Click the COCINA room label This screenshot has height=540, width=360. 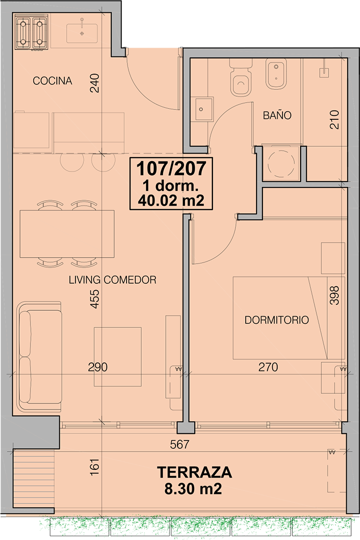[x=52, y=81]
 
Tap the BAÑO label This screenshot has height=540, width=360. [x=277, y=115]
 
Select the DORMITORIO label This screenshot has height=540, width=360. [x=277, y=320]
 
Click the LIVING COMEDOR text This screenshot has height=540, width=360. [x=112, y=280]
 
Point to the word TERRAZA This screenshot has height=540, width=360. [x=194, y=472]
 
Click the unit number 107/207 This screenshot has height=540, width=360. [x=171, y=168]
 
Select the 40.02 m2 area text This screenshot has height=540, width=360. [x=171, y=200]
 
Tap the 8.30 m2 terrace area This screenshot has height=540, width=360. [x=193, y=488]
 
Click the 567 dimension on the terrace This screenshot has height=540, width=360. [x=180, y=445]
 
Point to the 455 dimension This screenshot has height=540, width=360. [x=95, y=298]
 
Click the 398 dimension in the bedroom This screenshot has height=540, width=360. [x=334, y=295]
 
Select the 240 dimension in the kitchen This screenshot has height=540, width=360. [x=95, y=83]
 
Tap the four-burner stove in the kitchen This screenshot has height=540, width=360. [x=31, y=33]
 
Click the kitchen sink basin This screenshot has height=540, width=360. [x=81, y=33]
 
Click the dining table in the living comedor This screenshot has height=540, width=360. [x=67, y=234]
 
